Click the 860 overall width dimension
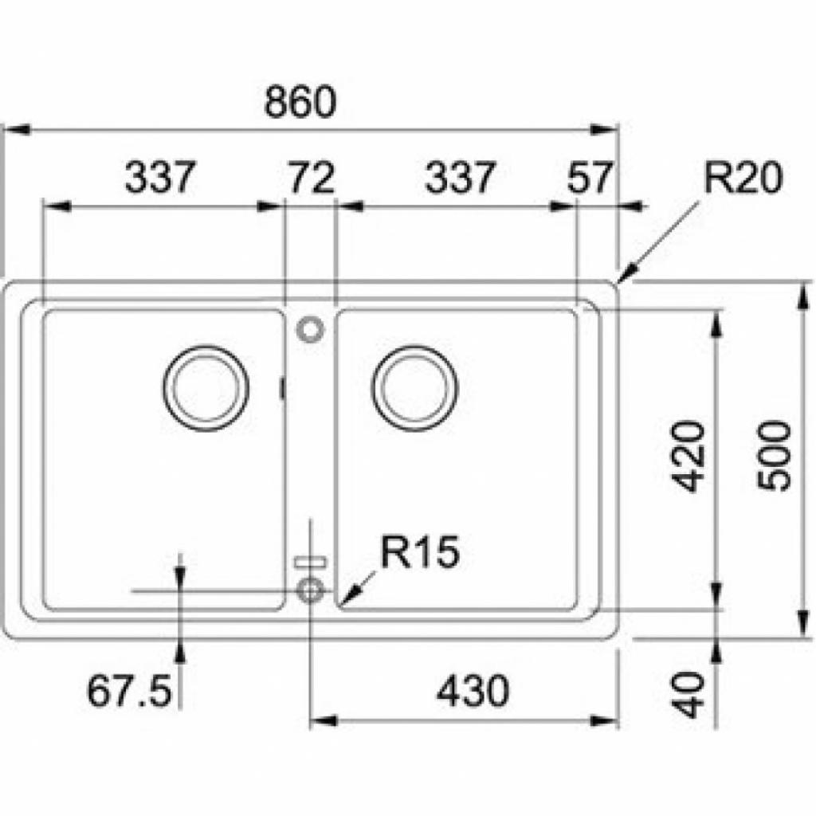pyautogui.click(x=300, y=103)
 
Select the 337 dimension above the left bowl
pyautogui.click(x=159, y=178)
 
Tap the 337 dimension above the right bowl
pyautogui.click(x=460, y=178)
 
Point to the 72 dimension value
pyautogui.click(x=310, y=178)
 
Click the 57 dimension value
pyautogui.click(x=591, y=178)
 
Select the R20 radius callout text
pyautogui.click(x=743, y=179)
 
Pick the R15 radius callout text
pyautogui.click(x=420, y=552)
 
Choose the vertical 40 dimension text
pyautogui.click(x=687, y=693)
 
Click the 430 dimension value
pyautogui.click(x=473, y=692)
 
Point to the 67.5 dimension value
pyautogui.click(x=130, y=692)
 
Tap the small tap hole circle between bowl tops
pyautogui.click(x=310, y=328)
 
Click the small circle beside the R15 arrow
pyautogui.click(x=310, y=590)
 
